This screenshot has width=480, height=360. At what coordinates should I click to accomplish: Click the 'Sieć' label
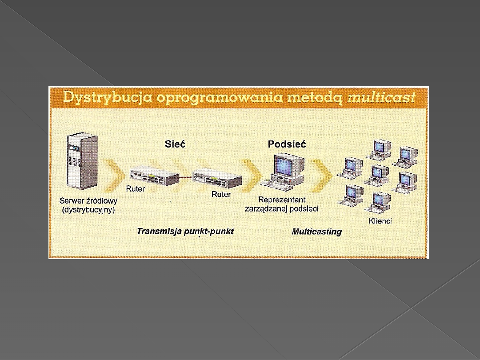coord(175,144)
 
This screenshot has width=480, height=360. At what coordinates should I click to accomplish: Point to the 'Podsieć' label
coord(287,144)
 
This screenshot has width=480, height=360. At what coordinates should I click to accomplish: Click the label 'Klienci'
coord(380,221)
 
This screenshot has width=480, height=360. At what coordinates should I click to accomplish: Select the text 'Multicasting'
coord(316,232)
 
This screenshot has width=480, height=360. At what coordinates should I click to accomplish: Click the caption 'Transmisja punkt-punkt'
coord(185,232)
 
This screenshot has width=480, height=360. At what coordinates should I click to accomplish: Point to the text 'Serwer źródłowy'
coord(88,201)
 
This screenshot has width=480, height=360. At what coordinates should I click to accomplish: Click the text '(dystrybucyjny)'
coord(88,210)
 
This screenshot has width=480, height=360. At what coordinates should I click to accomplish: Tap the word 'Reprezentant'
coord(282,200)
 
